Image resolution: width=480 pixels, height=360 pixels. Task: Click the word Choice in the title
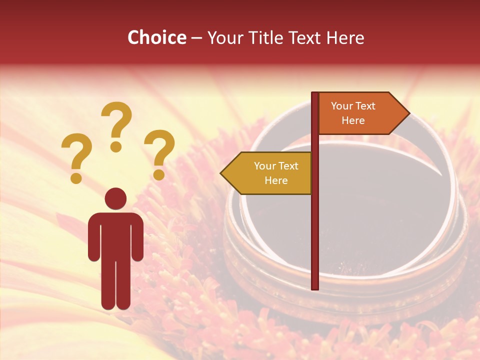tap(156, 37)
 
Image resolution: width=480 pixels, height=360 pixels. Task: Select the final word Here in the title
tap(345, 37)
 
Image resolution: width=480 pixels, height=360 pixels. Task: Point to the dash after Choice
tap(196, 38)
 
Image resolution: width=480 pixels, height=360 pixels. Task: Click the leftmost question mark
tap(76, 157)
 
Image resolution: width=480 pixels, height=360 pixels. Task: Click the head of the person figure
tap(115, 198)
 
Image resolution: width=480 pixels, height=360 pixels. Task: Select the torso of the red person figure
tap(115, 235)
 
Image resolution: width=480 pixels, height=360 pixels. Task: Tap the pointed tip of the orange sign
tap(408, 113)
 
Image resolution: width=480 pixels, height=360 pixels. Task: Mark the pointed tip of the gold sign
tap(221, 173)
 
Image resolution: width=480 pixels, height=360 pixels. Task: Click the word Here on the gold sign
tap(276, 180)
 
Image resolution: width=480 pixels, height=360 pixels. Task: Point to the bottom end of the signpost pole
tap(315, 287)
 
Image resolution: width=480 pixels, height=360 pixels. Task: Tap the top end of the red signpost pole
tap(315, 94)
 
